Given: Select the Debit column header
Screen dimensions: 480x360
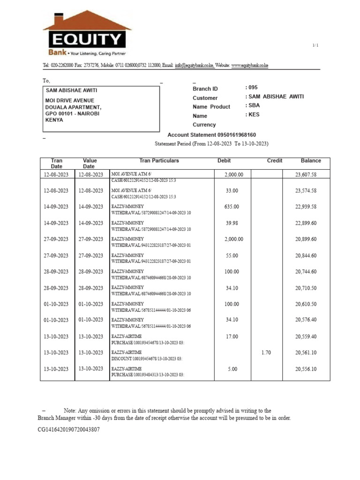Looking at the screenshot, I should [224, 161].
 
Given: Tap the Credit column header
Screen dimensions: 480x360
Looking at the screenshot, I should [275, 161].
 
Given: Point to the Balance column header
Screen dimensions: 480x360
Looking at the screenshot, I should [311, 161].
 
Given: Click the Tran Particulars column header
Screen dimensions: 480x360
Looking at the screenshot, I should [159, 161].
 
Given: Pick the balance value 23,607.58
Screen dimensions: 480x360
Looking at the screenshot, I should [306, 175].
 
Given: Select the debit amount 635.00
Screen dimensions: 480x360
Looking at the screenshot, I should [232, 207].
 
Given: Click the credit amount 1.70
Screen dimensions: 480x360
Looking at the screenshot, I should [266, 352].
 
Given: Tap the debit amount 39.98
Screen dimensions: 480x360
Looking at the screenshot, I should [232, 223].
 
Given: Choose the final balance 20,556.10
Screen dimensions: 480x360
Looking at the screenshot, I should [306, 369].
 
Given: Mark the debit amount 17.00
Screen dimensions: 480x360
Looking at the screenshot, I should [232, 337].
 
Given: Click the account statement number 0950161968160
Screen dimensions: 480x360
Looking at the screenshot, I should [233, 135].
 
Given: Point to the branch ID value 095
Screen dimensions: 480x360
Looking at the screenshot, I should [253, 88].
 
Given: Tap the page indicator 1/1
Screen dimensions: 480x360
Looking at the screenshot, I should [315, 45].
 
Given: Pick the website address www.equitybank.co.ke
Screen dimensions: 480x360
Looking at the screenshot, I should [249, 66].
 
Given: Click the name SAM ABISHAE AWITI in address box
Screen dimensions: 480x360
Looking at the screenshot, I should [71, 90].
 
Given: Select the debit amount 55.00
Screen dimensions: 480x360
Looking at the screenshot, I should [232, 255].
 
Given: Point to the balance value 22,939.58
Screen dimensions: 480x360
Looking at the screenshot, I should [306, 207].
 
